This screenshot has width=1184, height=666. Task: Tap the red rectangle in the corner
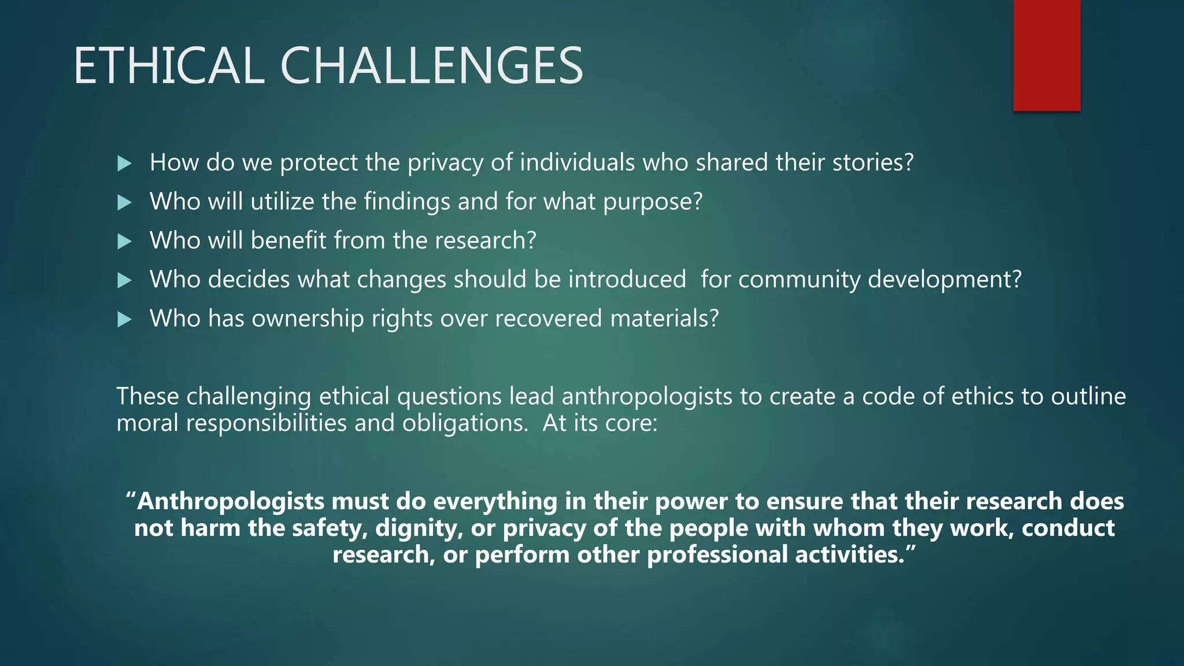coord(1046,55)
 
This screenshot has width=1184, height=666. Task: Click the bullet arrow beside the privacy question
coord(124,164)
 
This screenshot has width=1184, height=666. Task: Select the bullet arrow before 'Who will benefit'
coord(124,242)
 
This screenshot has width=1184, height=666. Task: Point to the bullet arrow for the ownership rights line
coord(124,320)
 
